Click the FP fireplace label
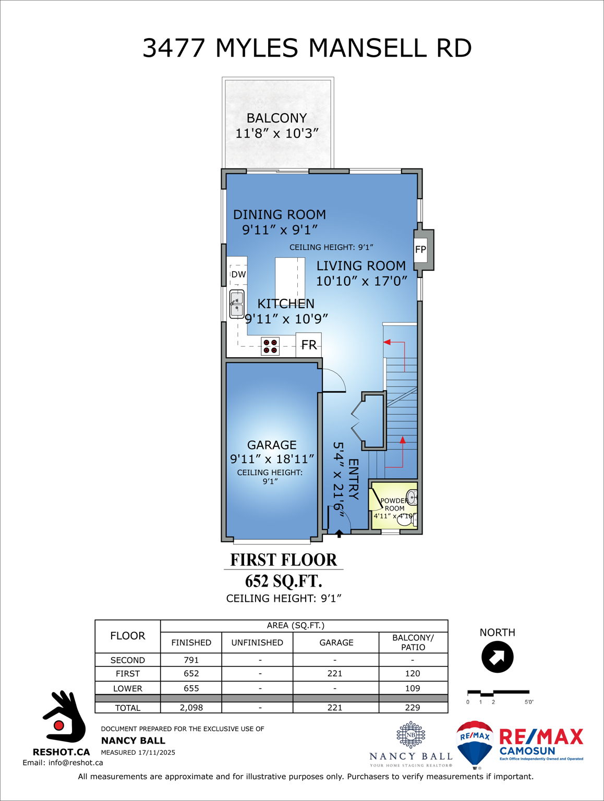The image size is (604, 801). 420,249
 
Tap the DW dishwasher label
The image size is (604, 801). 238,274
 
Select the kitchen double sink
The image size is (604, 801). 237,304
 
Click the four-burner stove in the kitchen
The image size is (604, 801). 270,346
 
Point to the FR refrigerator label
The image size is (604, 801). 309,345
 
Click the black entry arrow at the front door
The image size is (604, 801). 339,533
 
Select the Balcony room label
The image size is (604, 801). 276,118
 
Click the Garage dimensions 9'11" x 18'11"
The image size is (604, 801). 272,459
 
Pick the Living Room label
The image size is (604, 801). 361,266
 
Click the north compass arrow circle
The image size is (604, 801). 497,657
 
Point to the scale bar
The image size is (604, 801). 498,693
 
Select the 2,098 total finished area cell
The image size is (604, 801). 191,708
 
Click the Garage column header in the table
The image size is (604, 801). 336,642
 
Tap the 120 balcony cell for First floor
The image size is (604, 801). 413,674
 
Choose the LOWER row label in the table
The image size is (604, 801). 128,688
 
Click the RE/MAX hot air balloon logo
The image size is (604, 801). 475,744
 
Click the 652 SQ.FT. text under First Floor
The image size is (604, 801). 283,581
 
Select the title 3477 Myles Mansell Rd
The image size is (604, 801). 307,48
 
